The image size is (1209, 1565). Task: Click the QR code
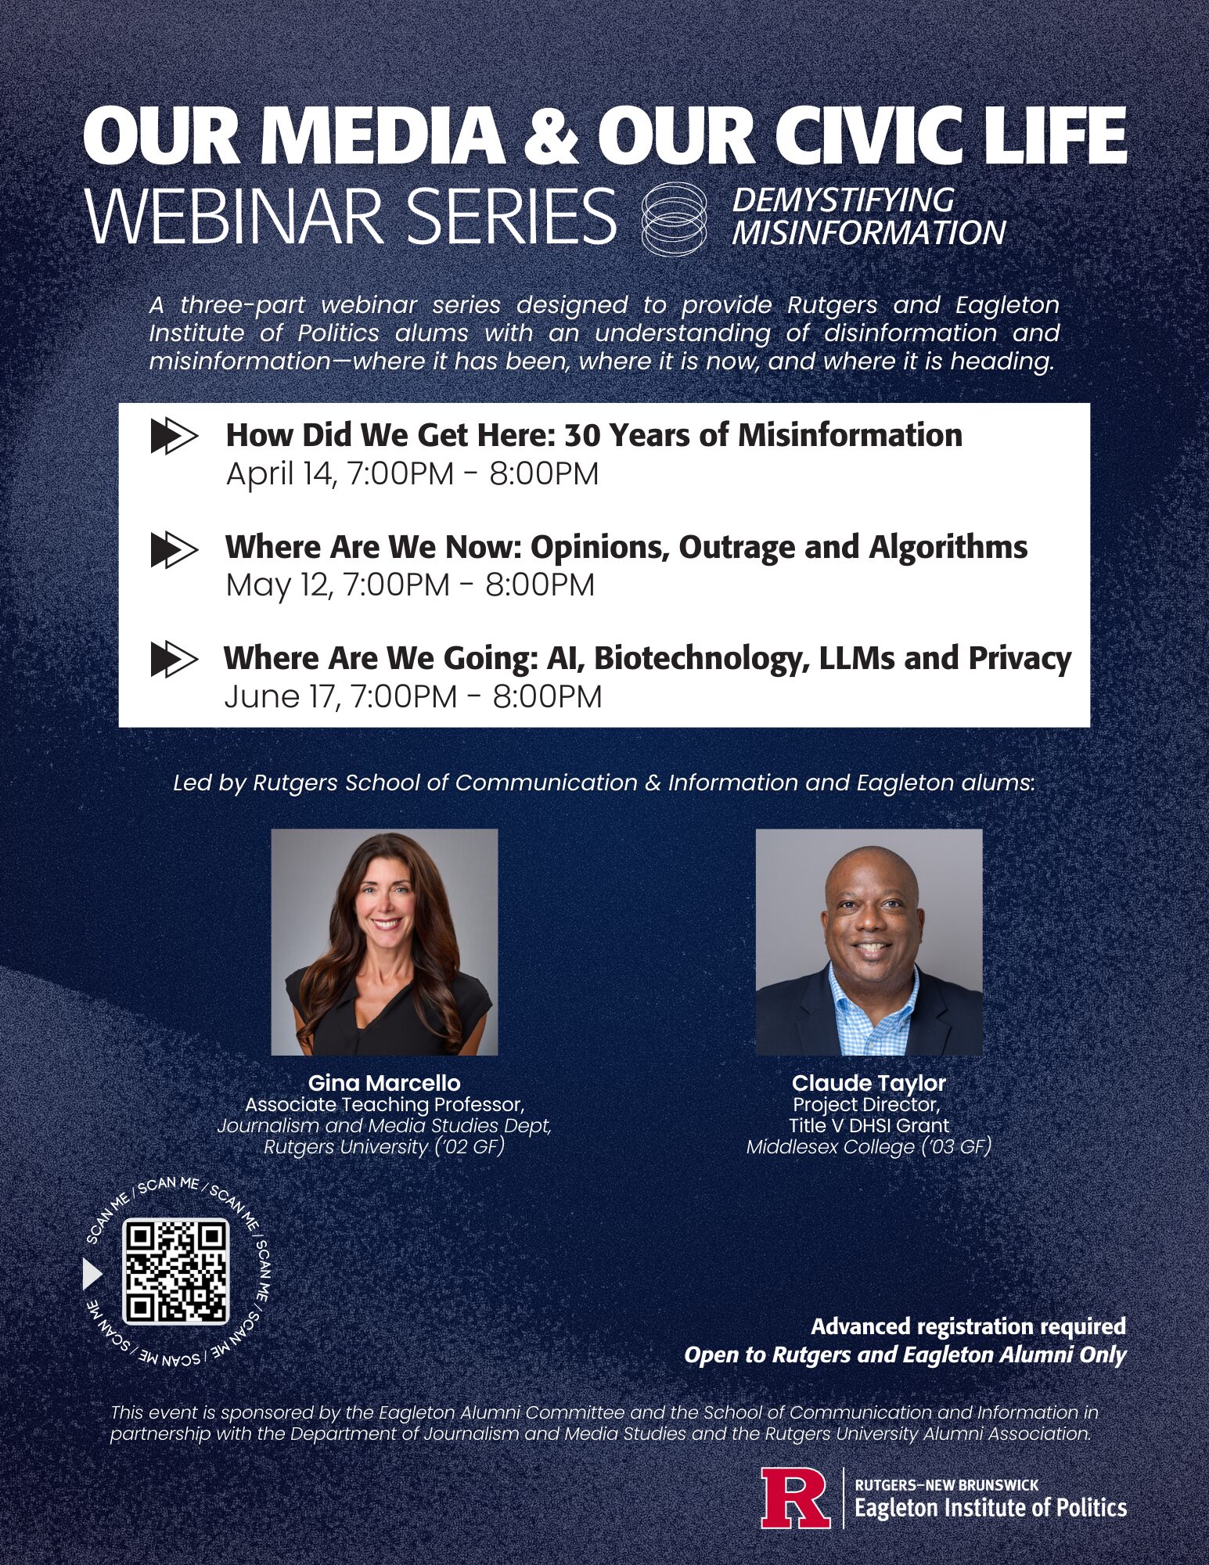tap(176, 1272)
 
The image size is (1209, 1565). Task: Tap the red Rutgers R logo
tap(796, 1498)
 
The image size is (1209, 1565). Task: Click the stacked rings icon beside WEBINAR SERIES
tap(674, 218)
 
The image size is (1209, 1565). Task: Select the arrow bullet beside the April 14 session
tap(174, 437)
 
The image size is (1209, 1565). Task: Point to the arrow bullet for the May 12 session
tap(174, 549)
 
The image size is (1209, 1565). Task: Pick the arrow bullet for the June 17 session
tap(174, 659)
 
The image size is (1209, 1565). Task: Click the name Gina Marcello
tap(384, 1083)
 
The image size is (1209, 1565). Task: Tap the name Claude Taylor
tap(869, 1083)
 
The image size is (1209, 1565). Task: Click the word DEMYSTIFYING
tap(844, 200)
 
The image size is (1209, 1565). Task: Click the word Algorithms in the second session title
tap(948, 548)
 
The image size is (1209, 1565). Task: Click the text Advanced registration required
tap(969, 1326)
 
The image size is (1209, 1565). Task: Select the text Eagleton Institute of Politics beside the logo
tap(991, 1507)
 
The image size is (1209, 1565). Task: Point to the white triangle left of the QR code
tap(92, 1274)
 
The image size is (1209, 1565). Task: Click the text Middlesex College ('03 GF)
tap(869, 1147)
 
